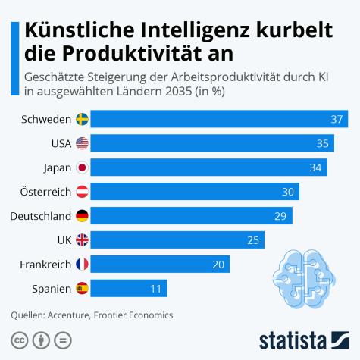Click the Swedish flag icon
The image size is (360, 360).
coord(82,119)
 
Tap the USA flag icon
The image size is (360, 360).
coord(82,143)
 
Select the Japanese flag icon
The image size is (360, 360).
coord(82,167)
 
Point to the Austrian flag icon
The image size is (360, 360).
coord(82,192)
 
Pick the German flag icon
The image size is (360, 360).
coord(82,216)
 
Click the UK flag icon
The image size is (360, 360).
coord(82,240)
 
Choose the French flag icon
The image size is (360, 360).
coord(82,265)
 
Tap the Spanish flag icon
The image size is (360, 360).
coord(82,289)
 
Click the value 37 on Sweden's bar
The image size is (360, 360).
coord(337,119)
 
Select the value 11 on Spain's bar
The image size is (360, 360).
coord(155,289)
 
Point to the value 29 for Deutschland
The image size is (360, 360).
coord(280,216)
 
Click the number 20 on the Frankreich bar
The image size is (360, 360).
coord(218,265)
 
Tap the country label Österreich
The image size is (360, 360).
coord(42,192)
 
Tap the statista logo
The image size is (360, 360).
coord(303,337)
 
